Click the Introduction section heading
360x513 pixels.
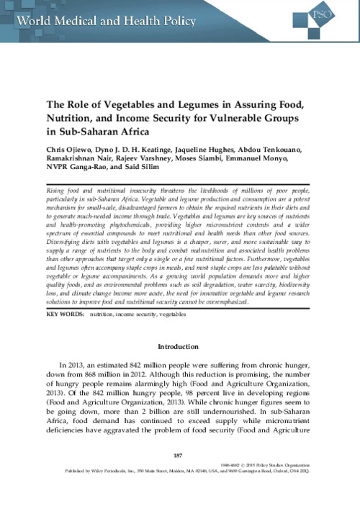pos(179,347)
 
